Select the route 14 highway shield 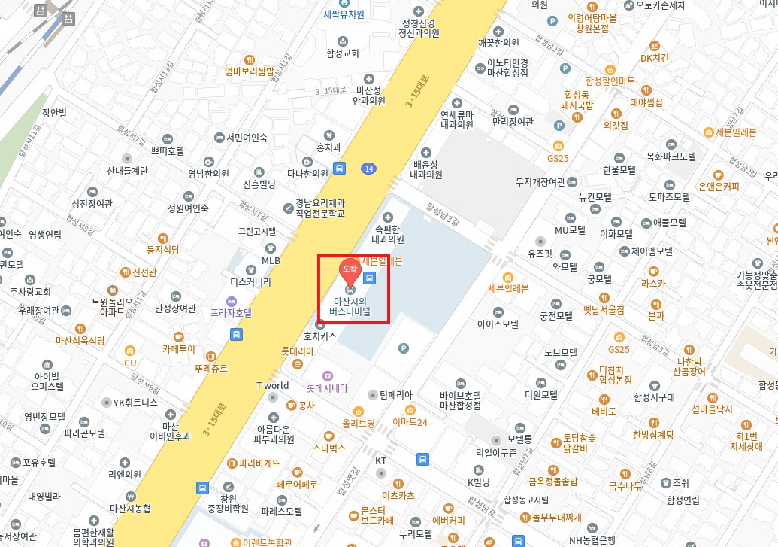click(x=368, y=168)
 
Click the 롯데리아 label click(x=298, y=351)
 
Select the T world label click(x=273, y=386)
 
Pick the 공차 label click(x=306, y=405)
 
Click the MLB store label click(x=271, y=260)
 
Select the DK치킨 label click(x=654, y=58)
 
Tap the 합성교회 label click(x=344, y=53)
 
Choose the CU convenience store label click(x=130, y=363)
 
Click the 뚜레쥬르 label click(x=211, y=369)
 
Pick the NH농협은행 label click(x=592, y=539)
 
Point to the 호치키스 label click(x=320, y=336)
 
